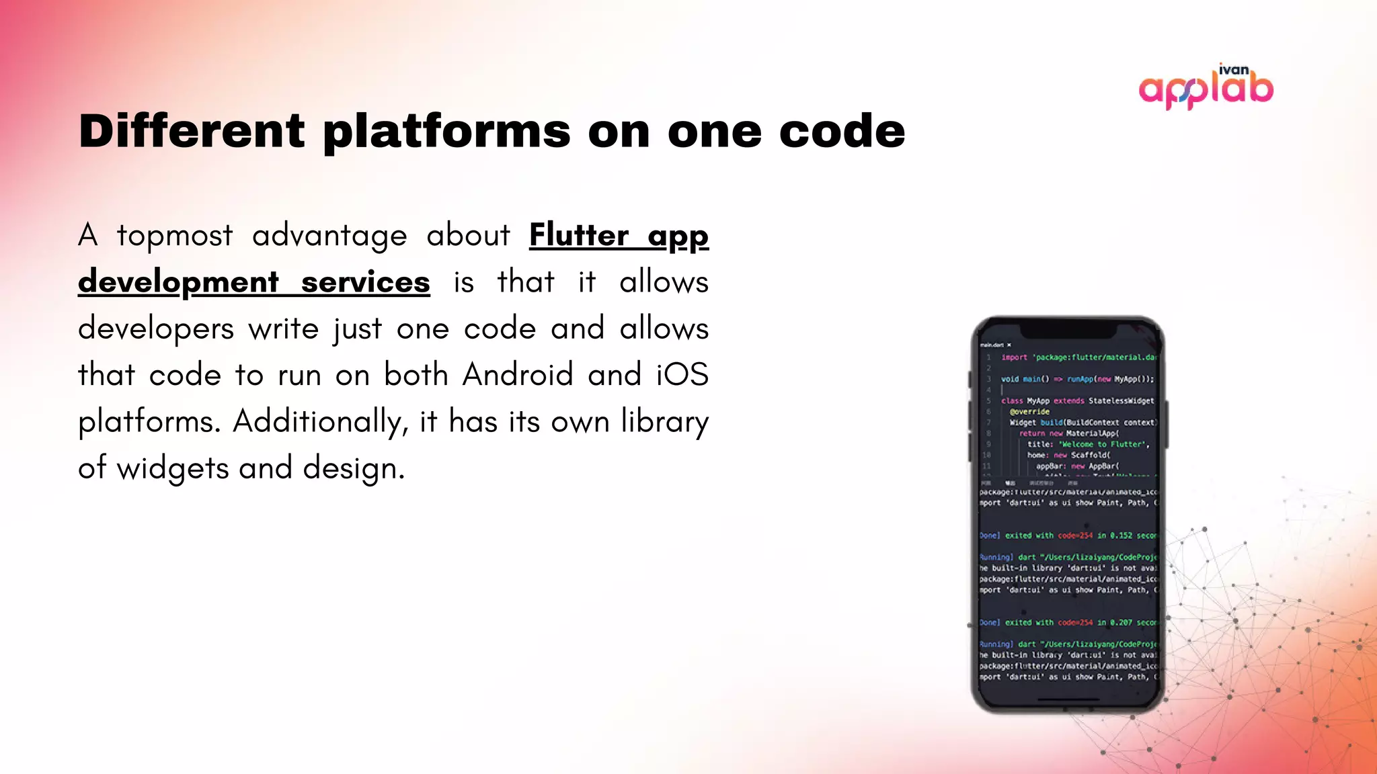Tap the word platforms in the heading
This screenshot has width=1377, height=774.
446,132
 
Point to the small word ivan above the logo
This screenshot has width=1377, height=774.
1234,70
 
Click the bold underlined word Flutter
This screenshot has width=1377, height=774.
579,235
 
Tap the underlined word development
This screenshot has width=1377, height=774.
178,282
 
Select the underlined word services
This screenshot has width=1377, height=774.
365,282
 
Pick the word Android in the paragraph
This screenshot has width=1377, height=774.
517,374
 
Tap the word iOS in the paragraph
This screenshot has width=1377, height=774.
682,374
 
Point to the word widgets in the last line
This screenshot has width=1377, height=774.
173,468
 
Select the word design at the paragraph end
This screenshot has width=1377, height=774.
354,468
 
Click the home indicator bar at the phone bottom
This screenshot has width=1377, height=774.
1068,699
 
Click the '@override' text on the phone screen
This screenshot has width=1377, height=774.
1029,412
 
